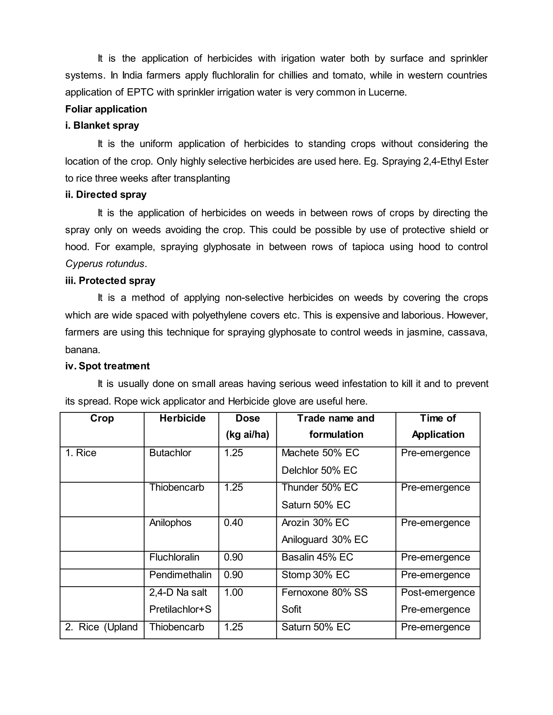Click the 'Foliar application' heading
(x=106, y=109)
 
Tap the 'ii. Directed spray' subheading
(x=106, y=195)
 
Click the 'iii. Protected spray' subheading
(x=110, y=281)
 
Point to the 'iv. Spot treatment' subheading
(x=107, y=366)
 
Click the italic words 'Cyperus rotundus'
(x=105, y=264)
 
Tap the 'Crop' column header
(x=102, y=418)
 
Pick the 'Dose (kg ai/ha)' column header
(x=247, y=426)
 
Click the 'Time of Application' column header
(x=438, y=426)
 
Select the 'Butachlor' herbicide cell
(x=170, y=453)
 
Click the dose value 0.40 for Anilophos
(x=233, y=523)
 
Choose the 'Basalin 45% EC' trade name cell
(x=317, y=557)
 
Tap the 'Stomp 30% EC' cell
(x=315, y=575)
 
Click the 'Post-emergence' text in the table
(x=437, y=593)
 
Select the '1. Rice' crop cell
(x=80, y=453)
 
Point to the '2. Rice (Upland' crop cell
(x=101, y=627)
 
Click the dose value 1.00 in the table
(x=233, y=593)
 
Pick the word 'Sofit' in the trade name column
(x=291, y=610)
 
